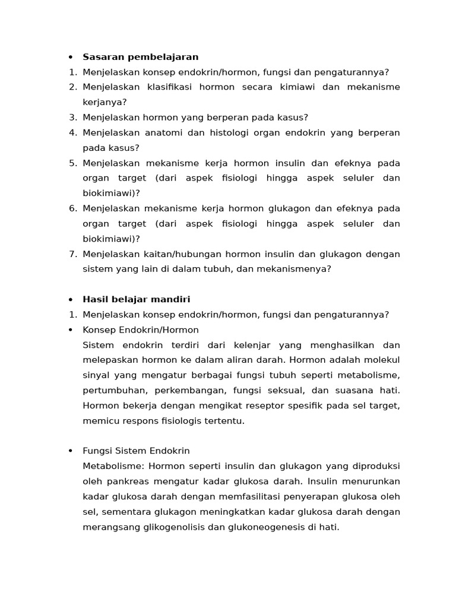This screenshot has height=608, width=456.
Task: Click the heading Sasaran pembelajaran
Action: [140, 57]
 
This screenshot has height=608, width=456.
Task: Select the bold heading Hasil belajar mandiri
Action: [137, 299]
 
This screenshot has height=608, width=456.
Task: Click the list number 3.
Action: [72, 118]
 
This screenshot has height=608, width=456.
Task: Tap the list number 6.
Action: [72, 208]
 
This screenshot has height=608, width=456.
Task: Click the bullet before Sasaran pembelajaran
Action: [71, 57]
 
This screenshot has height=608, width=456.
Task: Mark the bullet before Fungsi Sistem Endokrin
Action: [71, 451]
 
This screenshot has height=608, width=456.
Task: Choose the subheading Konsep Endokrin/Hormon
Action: [141, 330]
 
